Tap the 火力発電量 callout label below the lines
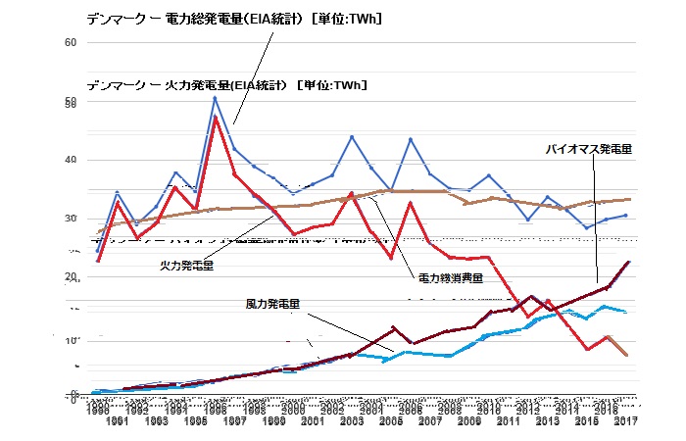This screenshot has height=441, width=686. click(x=187, y=264)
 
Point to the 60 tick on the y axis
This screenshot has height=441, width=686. click(x=70, y=43)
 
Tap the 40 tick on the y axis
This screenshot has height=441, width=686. click(x=70, y=161)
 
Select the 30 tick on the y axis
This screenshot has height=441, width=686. click(x=70, y=219)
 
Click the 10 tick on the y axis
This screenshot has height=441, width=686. click(x=70, y=341)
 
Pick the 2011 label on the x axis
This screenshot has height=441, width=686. click(x=508, y=421)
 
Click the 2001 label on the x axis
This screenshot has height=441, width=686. click(x=313, y=421)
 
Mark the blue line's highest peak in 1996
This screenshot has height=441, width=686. click(x=216, y=97)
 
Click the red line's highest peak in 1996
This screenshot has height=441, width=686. click(x=216, y=117)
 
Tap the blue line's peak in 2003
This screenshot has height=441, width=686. click(x=352, y=136)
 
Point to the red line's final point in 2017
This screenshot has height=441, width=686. click(x=626, y=355)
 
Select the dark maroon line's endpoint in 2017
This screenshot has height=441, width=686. click(x=628, y=262)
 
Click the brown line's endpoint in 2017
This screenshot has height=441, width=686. click(x=628, y=199)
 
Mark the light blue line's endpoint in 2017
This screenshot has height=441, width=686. click(x=626, y=312)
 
